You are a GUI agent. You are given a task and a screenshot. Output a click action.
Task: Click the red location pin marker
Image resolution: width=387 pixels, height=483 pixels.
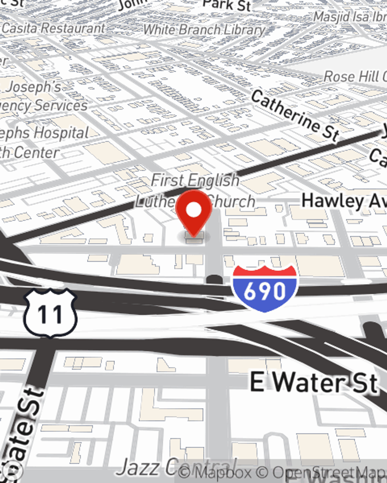[194, 213]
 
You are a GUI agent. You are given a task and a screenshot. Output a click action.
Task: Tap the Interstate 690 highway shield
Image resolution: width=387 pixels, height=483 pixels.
[265, 288]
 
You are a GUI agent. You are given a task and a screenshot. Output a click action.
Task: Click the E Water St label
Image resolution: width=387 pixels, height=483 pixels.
[313, 383]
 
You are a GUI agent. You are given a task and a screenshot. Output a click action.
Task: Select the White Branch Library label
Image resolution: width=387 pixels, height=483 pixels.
[204, 30]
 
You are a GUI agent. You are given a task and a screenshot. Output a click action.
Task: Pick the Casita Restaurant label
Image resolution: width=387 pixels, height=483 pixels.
[53, 28]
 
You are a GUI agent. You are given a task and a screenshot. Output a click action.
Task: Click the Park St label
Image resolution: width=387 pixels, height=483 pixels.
[227, 5]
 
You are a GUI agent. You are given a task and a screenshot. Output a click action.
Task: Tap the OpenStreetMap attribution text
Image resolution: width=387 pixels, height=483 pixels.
[329, 473]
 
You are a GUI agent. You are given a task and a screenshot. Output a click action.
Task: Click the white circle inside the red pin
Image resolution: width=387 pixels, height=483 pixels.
[194, 210]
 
